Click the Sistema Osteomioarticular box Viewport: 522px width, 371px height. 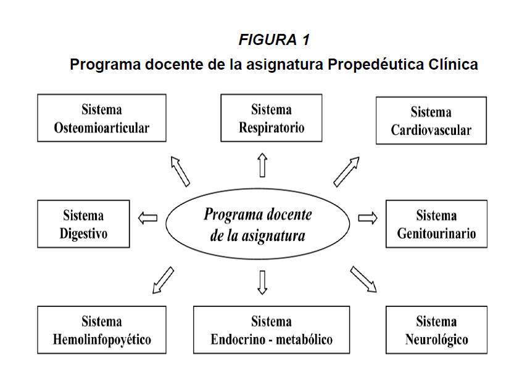(102, 118)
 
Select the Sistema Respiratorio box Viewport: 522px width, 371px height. (271, 118)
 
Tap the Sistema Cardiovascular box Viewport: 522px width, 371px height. (431, 120)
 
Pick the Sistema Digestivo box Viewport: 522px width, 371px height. (83, 224)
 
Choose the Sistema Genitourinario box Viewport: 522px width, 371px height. (436, 224)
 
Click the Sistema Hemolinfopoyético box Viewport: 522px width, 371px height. (102, 330)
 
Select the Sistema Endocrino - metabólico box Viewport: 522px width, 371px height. (271, 330)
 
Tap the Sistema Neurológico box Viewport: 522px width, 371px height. (436, 330)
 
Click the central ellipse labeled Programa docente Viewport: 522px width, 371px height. (258, 224)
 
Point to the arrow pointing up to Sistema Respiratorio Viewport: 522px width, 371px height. (263, 165)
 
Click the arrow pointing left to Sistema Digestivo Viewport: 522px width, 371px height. (147, 218)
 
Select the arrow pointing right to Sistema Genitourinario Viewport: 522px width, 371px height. (368, 218)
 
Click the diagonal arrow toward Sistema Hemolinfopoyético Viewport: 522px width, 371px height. (162, 280)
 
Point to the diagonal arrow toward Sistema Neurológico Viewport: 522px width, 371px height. (364, 279)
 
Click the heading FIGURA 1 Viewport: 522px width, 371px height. (273, 41)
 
